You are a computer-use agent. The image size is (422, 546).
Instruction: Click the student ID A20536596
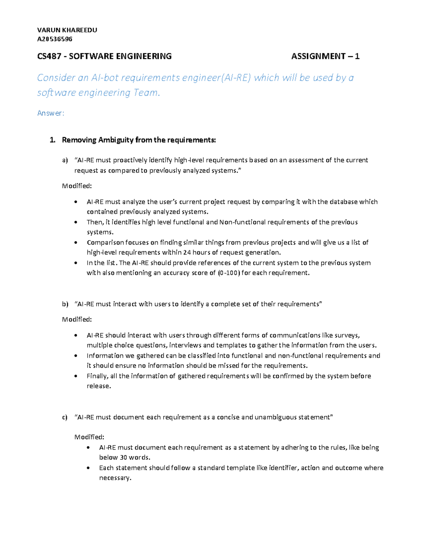55,39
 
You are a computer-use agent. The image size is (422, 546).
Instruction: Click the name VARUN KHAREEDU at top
67,30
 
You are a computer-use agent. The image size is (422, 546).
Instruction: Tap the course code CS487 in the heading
49,56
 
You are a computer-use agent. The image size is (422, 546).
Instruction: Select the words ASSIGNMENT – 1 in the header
325,56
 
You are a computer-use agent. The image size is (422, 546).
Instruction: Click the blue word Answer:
51,113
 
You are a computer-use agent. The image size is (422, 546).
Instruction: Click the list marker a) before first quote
65,160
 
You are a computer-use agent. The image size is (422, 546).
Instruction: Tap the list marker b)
65,304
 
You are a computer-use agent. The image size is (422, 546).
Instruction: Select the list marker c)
65,417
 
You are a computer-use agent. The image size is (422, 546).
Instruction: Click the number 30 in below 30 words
123,457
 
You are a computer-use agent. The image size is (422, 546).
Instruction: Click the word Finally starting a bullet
97,376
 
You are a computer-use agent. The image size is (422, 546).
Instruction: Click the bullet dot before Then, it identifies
76,222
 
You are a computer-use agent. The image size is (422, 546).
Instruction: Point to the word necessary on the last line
115,478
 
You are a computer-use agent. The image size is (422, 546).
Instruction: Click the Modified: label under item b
77,319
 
